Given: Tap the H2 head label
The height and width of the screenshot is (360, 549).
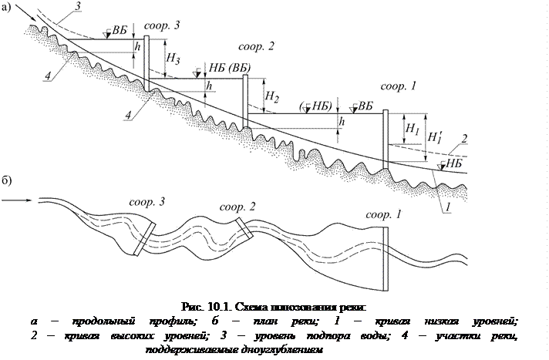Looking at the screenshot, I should [271, 96].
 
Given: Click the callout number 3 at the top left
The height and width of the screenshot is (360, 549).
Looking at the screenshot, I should [76, 6].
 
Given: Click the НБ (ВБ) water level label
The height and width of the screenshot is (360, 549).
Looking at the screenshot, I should [231, 68].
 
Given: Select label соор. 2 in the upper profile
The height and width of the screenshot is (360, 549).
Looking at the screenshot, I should [257, 46].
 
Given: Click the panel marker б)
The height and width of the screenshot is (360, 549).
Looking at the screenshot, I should [6, 181].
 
